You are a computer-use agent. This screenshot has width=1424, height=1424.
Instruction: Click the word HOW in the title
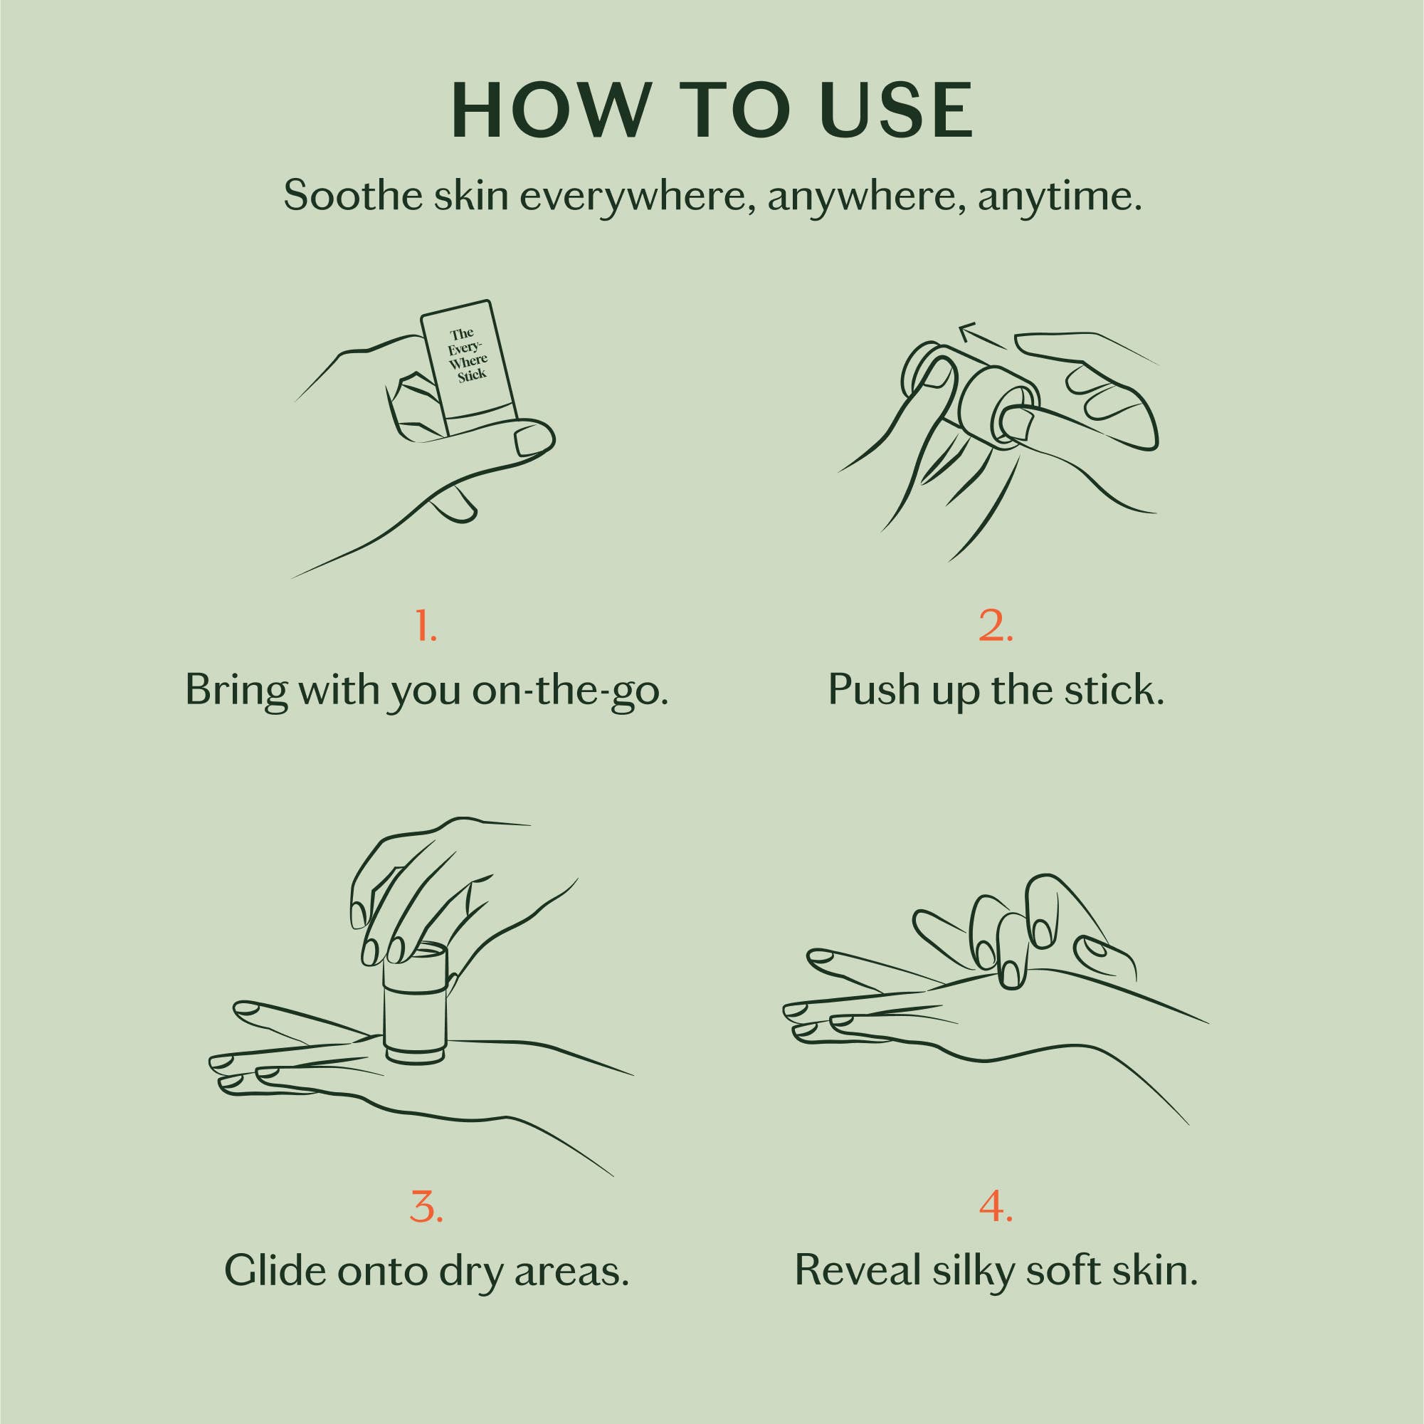click(x=549, y=111)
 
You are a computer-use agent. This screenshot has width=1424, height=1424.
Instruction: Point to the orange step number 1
click(x=426, y=626)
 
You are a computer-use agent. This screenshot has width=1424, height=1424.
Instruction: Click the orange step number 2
click(x=996, y=626)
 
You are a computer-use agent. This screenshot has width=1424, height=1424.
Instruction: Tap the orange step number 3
click(x=426, y=1206)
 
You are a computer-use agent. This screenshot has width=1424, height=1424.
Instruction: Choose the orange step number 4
click(x=996, y=1206)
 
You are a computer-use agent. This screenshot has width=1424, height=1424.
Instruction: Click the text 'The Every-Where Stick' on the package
click(x=468, y=355)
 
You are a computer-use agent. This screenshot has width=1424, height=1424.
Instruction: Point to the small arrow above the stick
click(x=981, y=335)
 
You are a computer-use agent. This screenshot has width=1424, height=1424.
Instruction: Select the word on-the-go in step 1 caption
click(x=570, y=690)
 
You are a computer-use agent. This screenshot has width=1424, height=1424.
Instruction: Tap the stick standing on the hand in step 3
click(x=415, y=1007)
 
